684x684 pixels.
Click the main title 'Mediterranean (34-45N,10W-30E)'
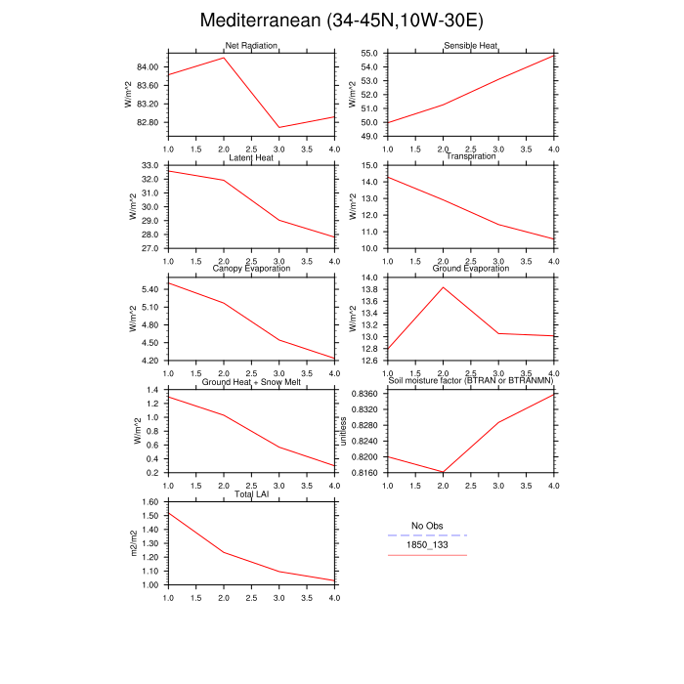pos(341,21)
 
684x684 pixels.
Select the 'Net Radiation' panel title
pos(251,46)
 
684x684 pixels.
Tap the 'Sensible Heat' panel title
pos(471,46)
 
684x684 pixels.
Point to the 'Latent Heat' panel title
pos(251,157)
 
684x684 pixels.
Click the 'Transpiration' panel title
pos(471,156)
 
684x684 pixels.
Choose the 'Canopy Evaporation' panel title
pos(251,269)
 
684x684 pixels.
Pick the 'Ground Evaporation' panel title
pos(471,269)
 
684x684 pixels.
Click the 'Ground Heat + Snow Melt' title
pos(251,381)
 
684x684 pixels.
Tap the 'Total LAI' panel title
pos(251,493)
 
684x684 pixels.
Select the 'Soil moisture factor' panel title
pos(471,381)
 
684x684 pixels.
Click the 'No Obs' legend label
pos(427,526)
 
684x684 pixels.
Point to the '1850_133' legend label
pos(427,545)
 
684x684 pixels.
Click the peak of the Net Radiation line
pos(224,58)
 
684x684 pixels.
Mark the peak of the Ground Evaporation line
pos(444,286)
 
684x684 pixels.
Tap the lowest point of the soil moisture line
pos(444,473)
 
